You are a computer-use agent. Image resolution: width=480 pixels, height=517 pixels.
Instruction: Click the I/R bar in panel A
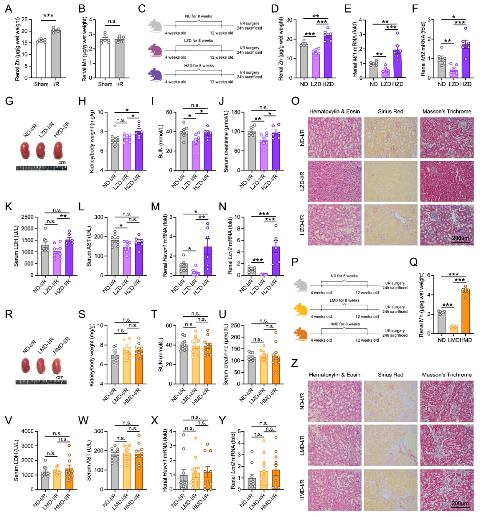pos(56,54)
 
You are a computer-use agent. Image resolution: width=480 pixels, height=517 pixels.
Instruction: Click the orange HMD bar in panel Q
pos(466,311)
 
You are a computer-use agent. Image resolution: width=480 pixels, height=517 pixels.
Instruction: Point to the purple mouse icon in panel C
pos(155,73)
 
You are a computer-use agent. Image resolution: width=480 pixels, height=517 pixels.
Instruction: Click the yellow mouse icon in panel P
pos(301,307)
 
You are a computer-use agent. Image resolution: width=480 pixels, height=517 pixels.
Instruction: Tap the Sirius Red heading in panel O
pos(391,111)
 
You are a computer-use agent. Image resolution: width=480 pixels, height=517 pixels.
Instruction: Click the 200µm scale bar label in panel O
pos(460,238)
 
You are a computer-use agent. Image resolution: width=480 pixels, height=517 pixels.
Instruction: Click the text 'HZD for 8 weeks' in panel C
pos(199,66)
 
